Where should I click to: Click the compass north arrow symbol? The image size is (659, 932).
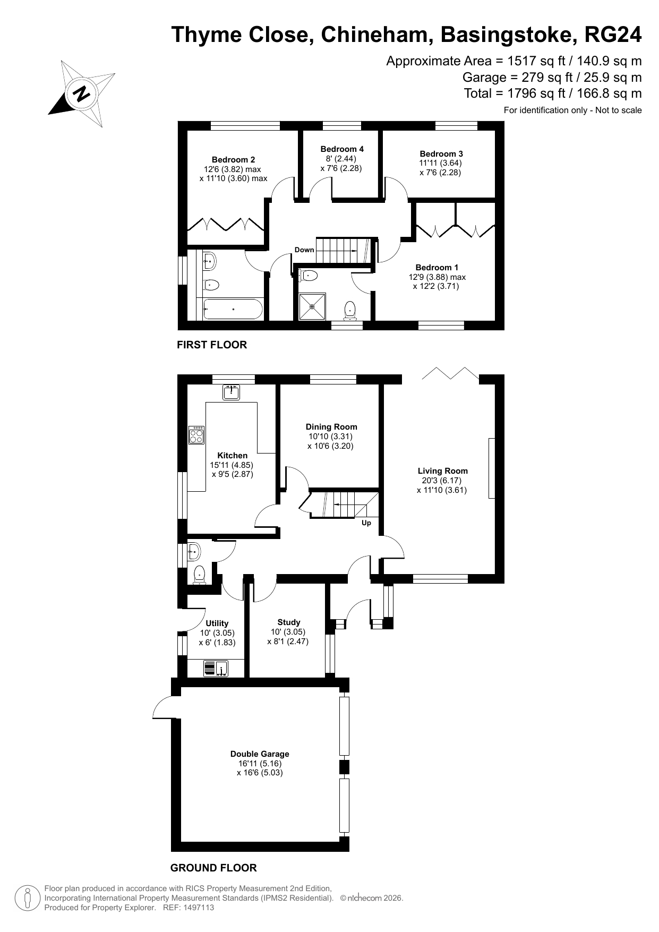(x=82, y=93)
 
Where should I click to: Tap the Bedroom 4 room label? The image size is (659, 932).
(x=342, y=149)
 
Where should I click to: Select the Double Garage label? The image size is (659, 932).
(x=260, y=754)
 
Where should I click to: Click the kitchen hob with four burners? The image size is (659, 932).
(x=196, y=435)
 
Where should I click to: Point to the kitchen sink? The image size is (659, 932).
(x=232, y=392)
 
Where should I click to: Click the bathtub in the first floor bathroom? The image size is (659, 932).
(x=233, y=309)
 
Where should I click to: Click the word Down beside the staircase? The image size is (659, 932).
(x=304, y=250)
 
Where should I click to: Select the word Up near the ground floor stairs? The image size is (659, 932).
(x=366, y=523)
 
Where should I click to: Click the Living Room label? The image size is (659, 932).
(x=442, y=471)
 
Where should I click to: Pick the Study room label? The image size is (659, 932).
(x=289, y=622)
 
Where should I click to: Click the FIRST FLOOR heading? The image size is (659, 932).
(x=212, y=345)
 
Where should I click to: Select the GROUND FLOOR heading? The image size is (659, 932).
(x=213, y=868)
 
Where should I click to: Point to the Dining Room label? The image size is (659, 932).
(x=331, y=426)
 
